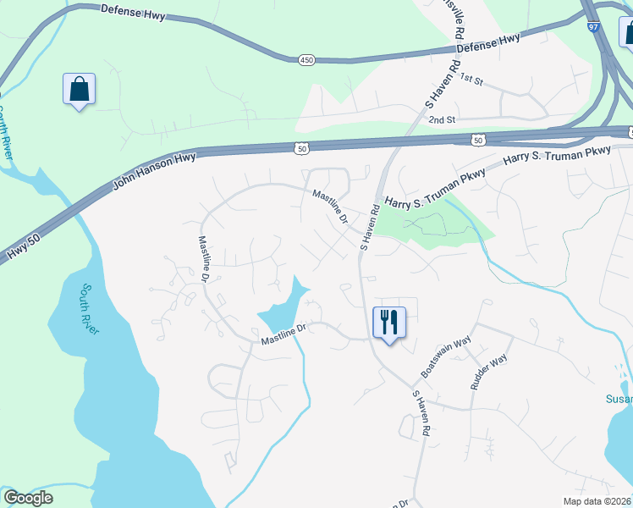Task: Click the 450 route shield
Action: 306,59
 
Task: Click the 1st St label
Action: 471,80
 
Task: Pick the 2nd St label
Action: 442,120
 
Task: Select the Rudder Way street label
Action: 488,372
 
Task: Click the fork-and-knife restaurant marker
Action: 389,323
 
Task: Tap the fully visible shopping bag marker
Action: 79,89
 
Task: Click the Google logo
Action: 29,498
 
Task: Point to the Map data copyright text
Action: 596,501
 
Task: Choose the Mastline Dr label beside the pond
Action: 283,334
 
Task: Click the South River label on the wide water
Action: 87,310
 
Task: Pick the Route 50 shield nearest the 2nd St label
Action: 478,139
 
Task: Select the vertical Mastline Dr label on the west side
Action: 205,258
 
